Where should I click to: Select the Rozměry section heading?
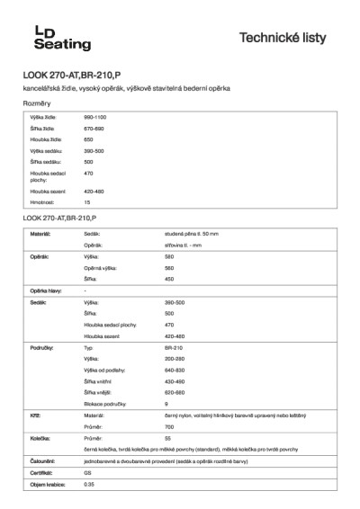point(37,104)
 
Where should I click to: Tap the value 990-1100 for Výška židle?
point(95,118)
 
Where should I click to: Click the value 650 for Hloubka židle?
point(88,140)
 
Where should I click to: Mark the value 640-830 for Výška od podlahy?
point(175,370)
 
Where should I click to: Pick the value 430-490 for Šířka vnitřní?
point(175,380)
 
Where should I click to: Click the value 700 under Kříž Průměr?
point(169,426)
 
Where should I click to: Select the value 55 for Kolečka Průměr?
point(167,437)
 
